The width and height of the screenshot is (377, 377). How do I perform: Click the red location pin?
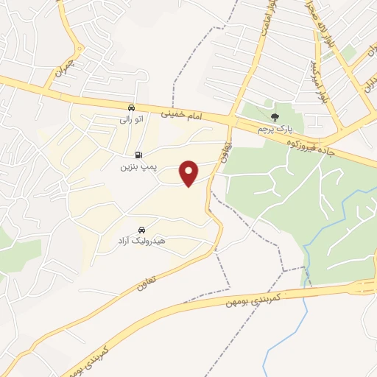pos(190,173)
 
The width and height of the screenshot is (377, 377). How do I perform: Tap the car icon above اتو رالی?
pos(130,107)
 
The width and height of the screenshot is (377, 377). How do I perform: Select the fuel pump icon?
pos(138,155)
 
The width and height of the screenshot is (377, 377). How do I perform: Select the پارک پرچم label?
pos(273,129)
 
